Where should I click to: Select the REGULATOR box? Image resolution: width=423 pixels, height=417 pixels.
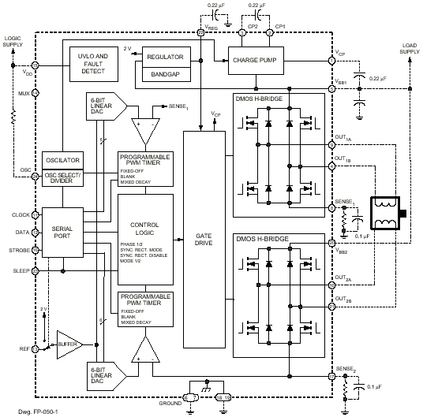pos(165,58)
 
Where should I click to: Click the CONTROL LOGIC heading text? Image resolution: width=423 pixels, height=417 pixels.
pos(144,229)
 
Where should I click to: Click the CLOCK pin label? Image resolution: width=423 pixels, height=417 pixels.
pos(21,214)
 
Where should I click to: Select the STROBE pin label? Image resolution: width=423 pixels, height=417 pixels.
pos(19,251)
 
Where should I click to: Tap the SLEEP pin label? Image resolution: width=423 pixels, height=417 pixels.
pos(21,270)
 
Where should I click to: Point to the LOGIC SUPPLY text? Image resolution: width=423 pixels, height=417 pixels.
pos(13,40)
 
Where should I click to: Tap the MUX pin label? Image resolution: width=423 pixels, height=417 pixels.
pos(23,92)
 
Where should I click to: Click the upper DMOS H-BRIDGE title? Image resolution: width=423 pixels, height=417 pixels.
pos(261,100)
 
